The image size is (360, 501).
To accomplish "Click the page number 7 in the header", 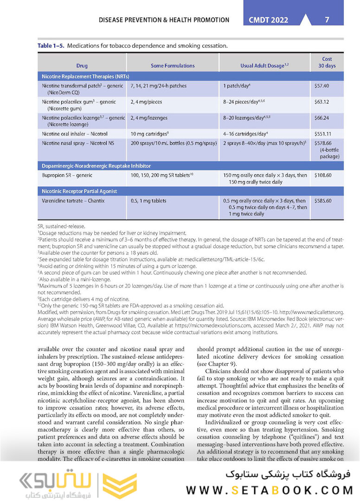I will coord(327,20).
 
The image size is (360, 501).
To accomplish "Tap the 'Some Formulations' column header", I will coord(173,66).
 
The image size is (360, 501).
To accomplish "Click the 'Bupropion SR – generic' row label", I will coord(67,175).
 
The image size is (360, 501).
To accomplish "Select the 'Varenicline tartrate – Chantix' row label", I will coord(73,201).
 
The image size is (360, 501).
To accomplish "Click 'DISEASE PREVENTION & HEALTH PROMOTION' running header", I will coord(164,20).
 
